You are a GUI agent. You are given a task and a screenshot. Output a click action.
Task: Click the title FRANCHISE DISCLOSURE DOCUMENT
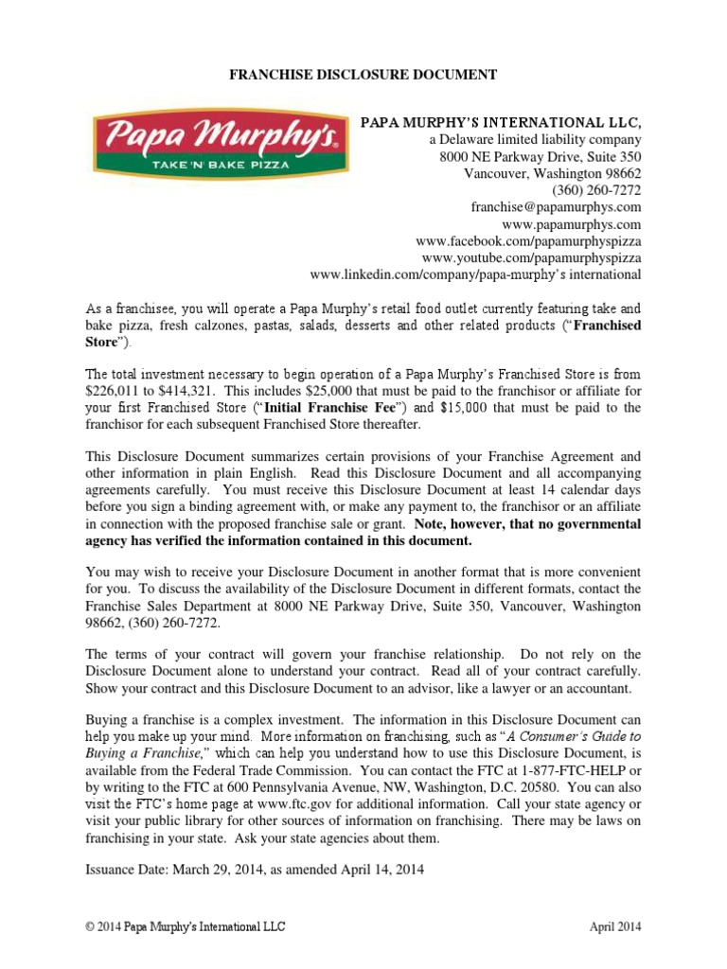pos(363,74)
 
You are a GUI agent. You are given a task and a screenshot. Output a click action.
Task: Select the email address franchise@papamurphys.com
pos(556,206)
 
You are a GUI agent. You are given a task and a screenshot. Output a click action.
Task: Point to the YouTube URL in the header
pos(531,257)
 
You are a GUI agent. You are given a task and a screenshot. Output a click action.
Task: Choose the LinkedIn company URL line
pos(475,274)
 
